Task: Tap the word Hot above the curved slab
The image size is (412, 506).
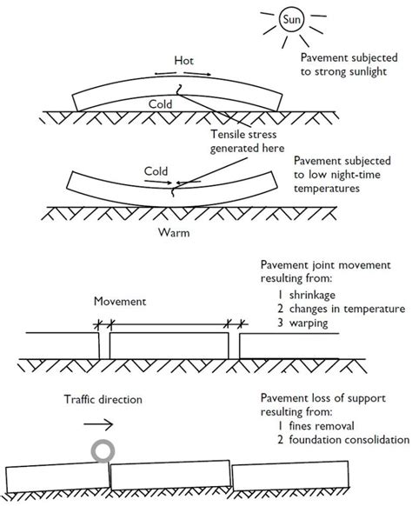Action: coord(183,61)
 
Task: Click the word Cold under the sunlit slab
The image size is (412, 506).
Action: coord(160,104)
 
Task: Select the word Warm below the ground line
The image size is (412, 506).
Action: coord(174,232)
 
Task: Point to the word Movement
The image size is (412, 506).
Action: coord(120,302)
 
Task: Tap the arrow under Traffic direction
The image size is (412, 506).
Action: coord(98,424)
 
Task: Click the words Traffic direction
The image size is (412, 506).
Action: coord(103,400)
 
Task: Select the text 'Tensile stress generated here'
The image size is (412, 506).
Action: coord(247,141)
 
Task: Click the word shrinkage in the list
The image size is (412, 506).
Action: coord(312,295)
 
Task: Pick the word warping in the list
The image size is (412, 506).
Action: coord(309,323)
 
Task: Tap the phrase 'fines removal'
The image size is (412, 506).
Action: coord(322,426)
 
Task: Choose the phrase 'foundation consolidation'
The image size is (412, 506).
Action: coord(349,440)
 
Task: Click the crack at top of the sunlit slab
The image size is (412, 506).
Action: coord(179,90)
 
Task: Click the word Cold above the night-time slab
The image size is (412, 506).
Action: coord(156,171)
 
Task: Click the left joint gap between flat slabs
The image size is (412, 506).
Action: coord(104,346)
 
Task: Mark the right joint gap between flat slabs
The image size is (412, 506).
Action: coord(234,346)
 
